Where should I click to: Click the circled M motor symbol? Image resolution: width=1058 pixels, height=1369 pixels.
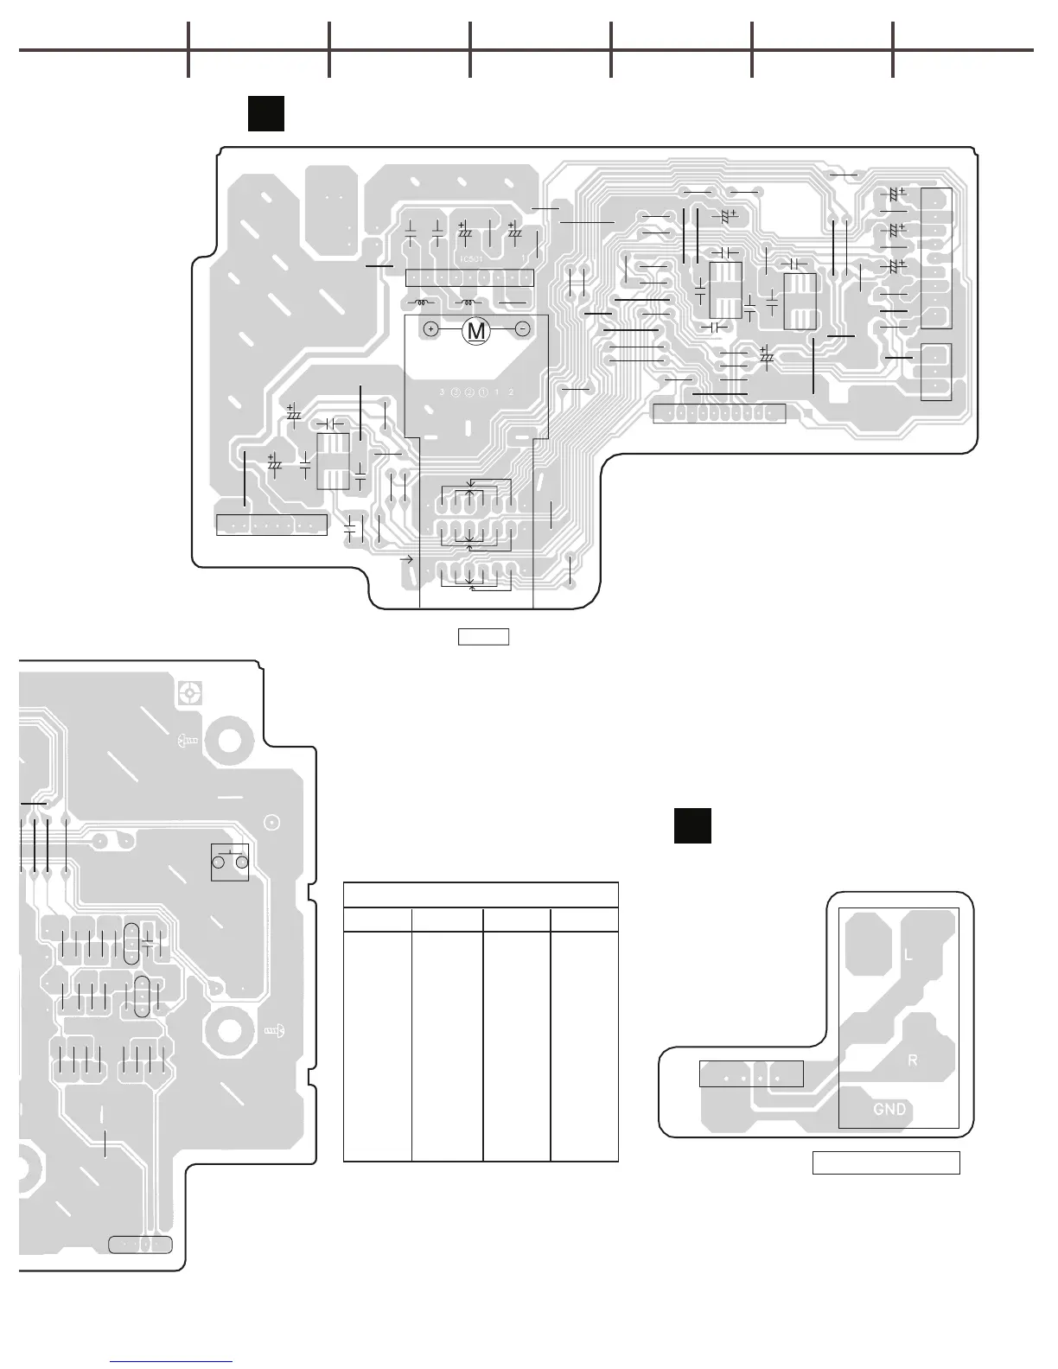point(476,330)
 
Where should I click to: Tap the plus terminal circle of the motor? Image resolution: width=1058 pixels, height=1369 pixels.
point(431,329)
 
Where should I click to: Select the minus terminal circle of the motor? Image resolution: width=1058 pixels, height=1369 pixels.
point(522,329)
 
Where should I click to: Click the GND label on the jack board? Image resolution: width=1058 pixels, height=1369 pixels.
point(889,1109)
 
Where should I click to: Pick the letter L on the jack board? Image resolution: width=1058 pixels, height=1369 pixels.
point(908,955)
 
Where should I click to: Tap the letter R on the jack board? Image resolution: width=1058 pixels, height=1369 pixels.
point(912,1060)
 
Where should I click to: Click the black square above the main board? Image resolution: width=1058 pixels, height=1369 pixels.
point(266,114)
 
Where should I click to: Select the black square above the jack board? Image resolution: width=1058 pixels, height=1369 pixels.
point(692,825)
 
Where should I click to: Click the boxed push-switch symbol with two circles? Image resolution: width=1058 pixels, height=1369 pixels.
point(230,862)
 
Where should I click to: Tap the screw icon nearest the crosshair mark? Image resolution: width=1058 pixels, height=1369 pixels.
point(188,740)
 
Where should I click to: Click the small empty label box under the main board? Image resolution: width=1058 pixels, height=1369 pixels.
point(483,637)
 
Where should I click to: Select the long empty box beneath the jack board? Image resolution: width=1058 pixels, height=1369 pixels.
point(886,1162)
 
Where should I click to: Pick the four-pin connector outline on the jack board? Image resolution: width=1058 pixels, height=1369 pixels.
point(751,1073)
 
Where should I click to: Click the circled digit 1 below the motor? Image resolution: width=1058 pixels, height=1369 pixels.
point(483,392)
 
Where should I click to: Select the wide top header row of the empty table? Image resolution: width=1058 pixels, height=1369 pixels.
point(481,895)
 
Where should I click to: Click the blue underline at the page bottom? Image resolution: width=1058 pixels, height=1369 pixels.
point(172,1362)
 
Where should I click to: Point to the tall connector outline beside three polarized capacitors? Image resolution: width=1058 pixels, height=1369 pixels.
point(936,258)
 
